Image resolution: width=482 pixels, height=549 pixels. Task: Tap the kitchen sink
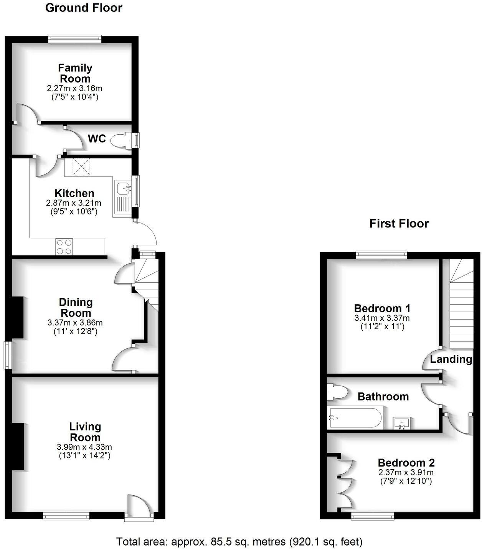click(123, 188)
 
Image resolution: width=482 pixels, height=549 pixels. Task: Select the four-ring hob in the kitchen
click(64, 246)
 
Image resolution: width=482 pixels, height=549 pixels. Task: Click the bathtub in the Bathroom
click(355, 418)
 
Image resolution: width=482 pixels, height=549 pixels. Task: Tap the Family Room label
click(75, 73)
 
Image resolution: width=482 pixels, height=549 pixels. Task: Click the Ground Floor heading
click(84, 8)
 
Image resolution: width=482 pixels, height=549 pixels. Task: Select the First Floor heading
click(399, 223)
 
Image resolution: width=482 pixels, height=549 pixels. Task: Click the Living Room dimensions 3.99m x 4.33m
click(84, 447)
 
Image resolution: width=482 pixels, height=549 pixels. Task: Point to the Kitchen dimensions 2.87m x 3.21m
click(74, 203)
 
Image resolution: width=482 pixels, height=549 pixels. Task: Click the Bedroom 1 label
click(382, 308)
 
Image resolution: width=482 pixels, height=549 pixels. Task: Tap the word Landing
click(451, 359)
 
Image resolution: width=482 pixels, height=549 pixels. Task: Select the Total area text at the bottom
click(239, 541)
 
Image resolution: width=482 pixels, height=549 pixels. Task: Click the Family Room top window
click(75, 39)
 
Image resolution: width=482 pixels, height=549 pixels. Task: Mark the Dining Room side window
click(8, 355)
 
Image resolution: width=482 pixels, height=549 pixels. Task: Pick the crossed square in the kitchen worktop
click(81, 167)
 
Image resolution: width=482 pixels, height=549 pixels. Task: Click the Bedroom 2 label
click(406, 463)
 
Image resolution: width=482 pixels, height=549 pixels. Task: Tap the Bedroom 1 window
click(381, 255)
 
